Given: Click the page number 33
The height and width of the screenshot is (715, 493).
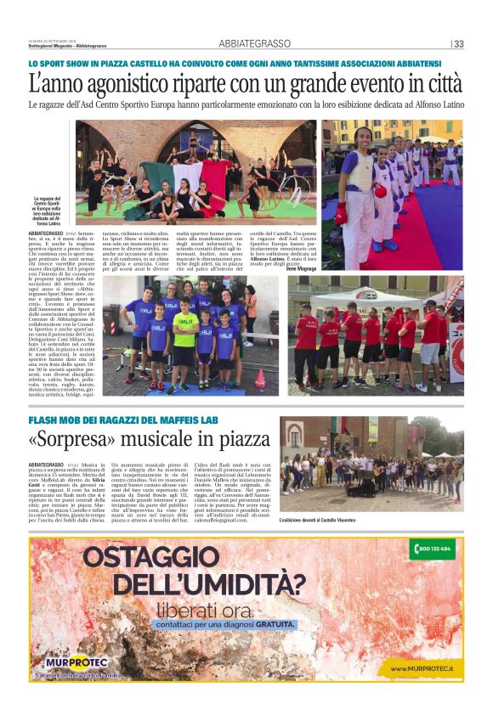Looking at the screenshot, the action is click(x=458, y=44).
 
